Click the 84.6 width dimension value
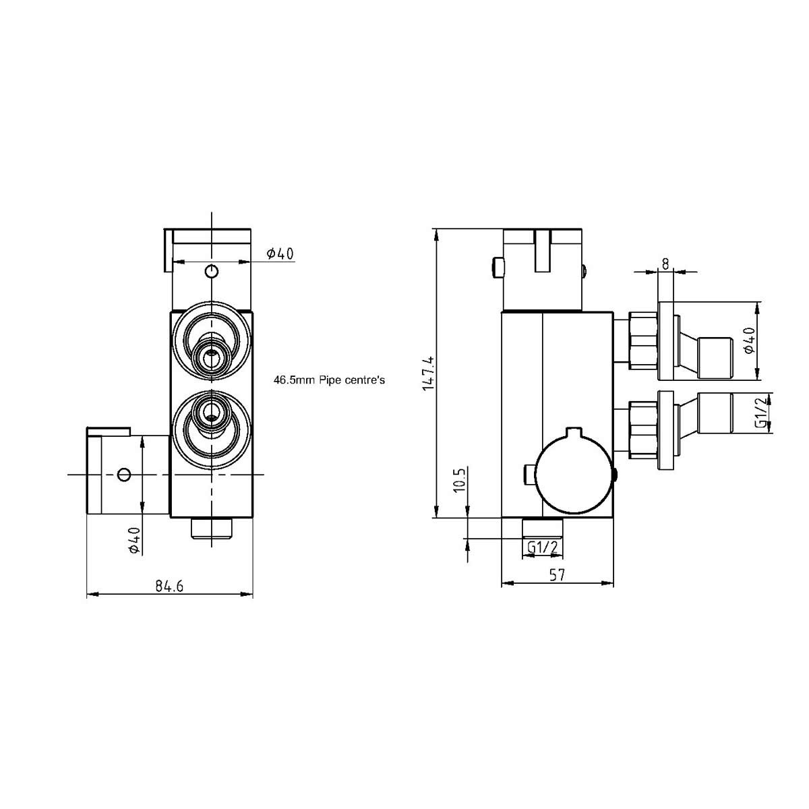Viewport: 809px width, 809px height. tap(169, 585)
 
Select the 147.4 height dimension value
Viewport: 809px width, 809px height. tap(429, 373)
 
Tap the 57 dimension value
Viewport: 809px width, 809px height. tap(557, 575)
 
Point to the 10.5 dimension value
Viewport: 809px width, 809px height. tap(460, 479)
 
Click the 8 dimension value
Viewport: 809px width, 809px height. tap(665, 264)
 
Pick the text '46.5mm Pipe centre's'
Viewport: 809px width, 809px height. tap(329, 380)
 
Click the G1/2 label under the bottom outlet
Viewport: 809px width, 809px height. tap(543, 547)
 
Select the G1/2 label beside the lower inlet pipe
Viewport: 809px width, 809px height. tap(762, 413)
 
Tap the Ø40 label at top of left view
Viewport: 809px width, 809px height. tap(280, 253)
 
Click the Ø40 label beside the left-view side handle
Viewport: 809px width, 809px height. tap(134, 541)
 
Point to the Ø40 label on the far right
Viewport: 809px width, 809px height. tap(750, 340)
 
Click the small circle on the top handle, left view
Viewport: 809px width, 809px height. tap(212, 271)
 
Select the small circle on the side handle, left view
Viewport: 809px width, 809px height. tap(124, 475)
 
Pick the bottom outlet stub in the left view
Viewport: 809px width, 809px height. tap(212, 529)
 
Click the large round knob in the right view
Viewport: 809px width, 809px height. tap(575, 475)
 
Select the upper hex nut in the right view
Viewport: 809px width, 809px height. tap(643, 340)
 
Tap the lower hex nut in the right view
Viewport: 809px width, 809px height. tap(643, 430)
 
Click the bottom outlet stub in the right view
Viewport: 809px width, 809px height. tap(543, 528)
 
